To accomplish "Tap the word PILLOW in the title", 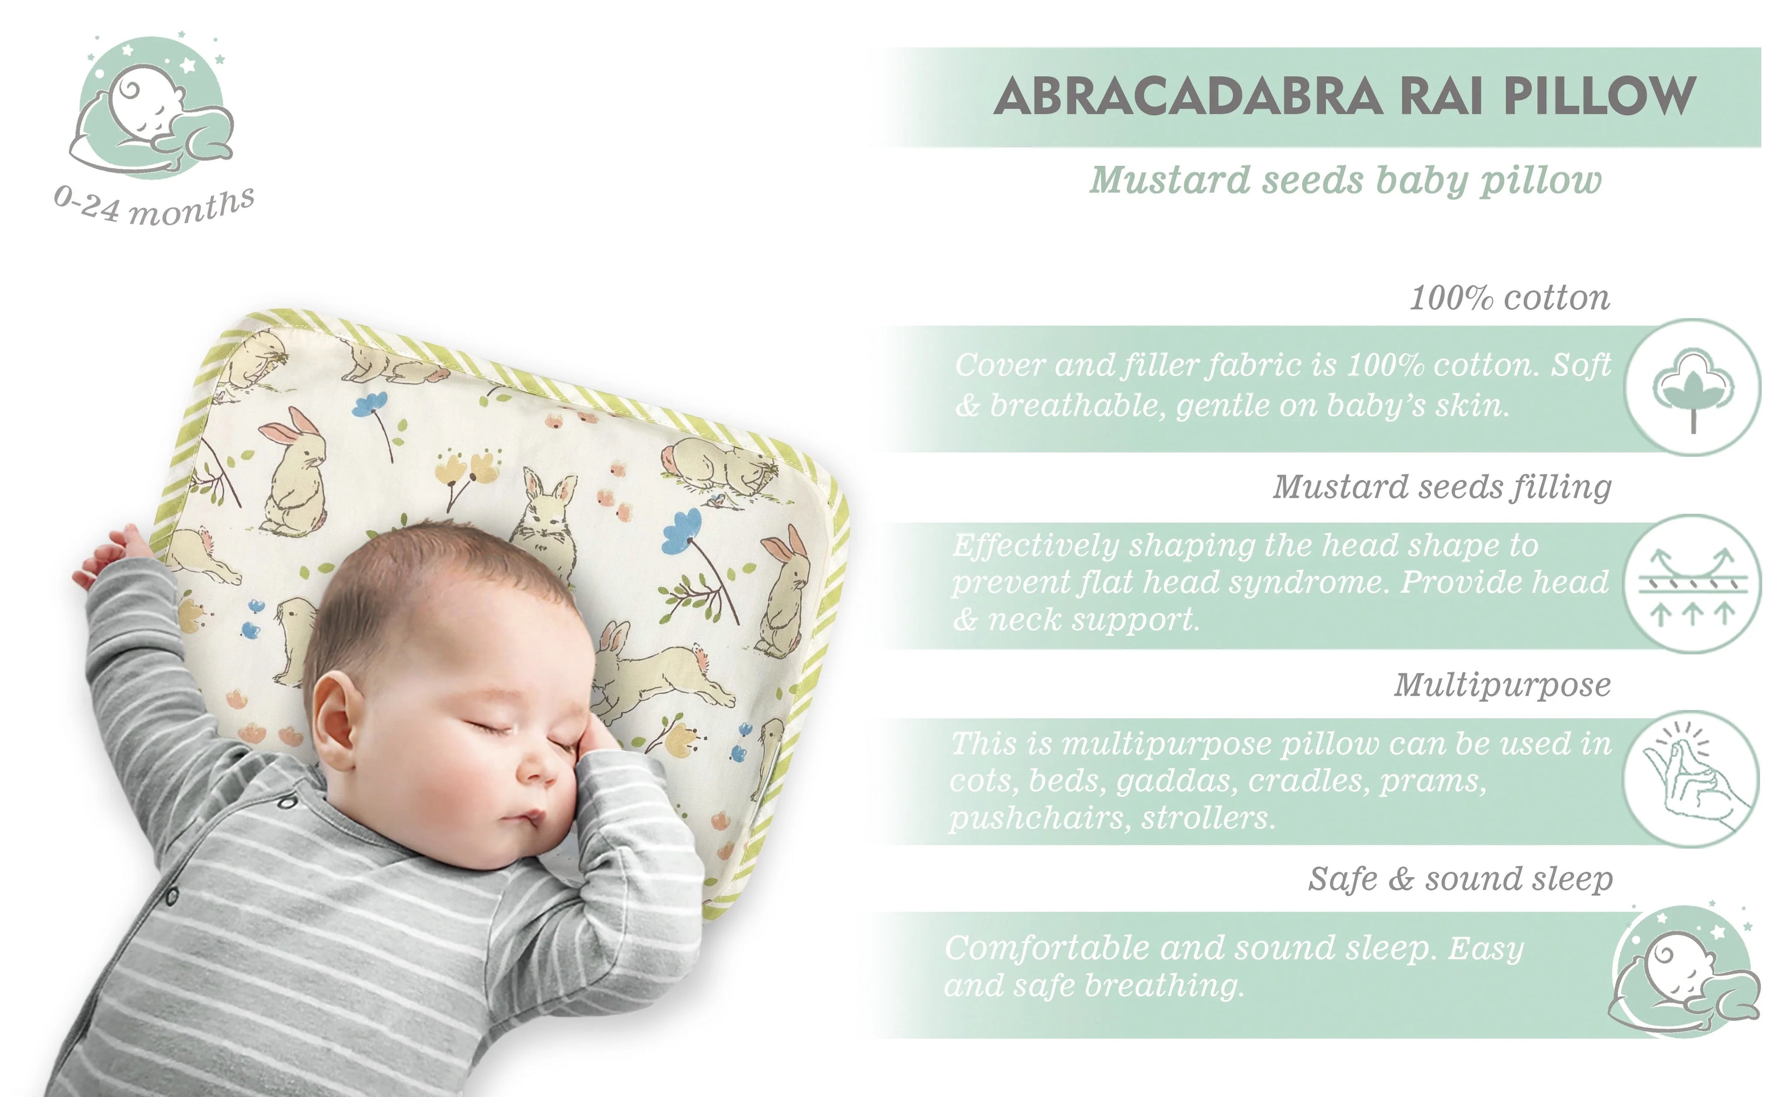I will click(x=1600, y=97).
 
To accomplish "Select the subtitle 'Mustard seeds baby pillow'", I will click(x=1345, y=181).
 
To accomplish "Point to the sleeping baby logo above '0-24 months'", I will click(x=152, y=109).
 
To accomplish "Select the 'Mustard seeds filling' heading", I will click(x=1442, y=487).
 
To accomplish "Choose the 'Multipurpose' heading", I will click(x=1502, y=685).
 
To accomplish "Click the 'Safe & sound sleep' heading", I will click(x=1460, y=879).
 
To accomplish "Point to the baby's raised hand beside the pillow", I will click(x=109, y=558).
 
